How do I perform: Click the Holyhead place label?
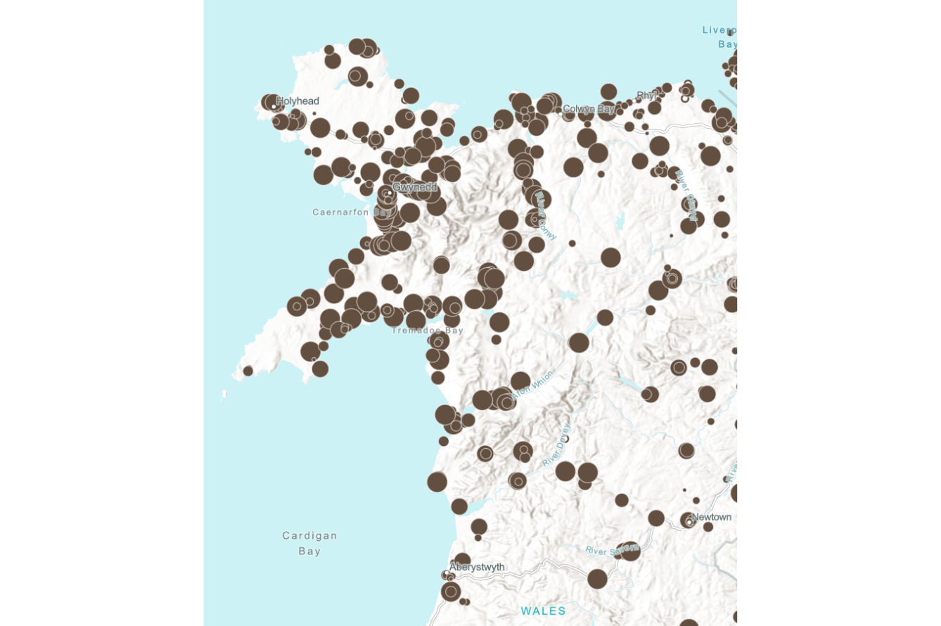(x=297, y=101)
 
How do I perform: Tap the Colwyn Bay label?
(x=589, y=109)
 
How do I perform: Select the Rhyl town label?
(x=646, y=95)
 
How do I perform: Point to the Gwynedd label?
(x=415, y=187)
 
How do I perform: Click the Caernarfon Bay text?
(x=352, y=212)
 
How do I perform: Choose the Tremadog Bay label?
(x=428, y=331)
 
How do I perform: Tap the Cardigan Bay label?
(x=309, y=543)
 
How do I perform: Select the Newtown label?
(x=712, y=517)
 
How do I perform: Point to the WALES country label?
(x=543, y=611)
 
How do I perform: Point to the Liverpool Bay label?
(x=722, y=37)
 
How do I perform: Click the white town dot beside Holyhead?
(x=274, y=106)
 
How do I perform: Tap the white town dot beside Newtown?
(x=689, y=522)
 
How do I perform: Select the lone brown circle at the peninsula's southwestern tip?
(x=248, y=371)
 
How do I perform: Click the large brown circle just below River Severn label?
(x=597, y=579)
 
